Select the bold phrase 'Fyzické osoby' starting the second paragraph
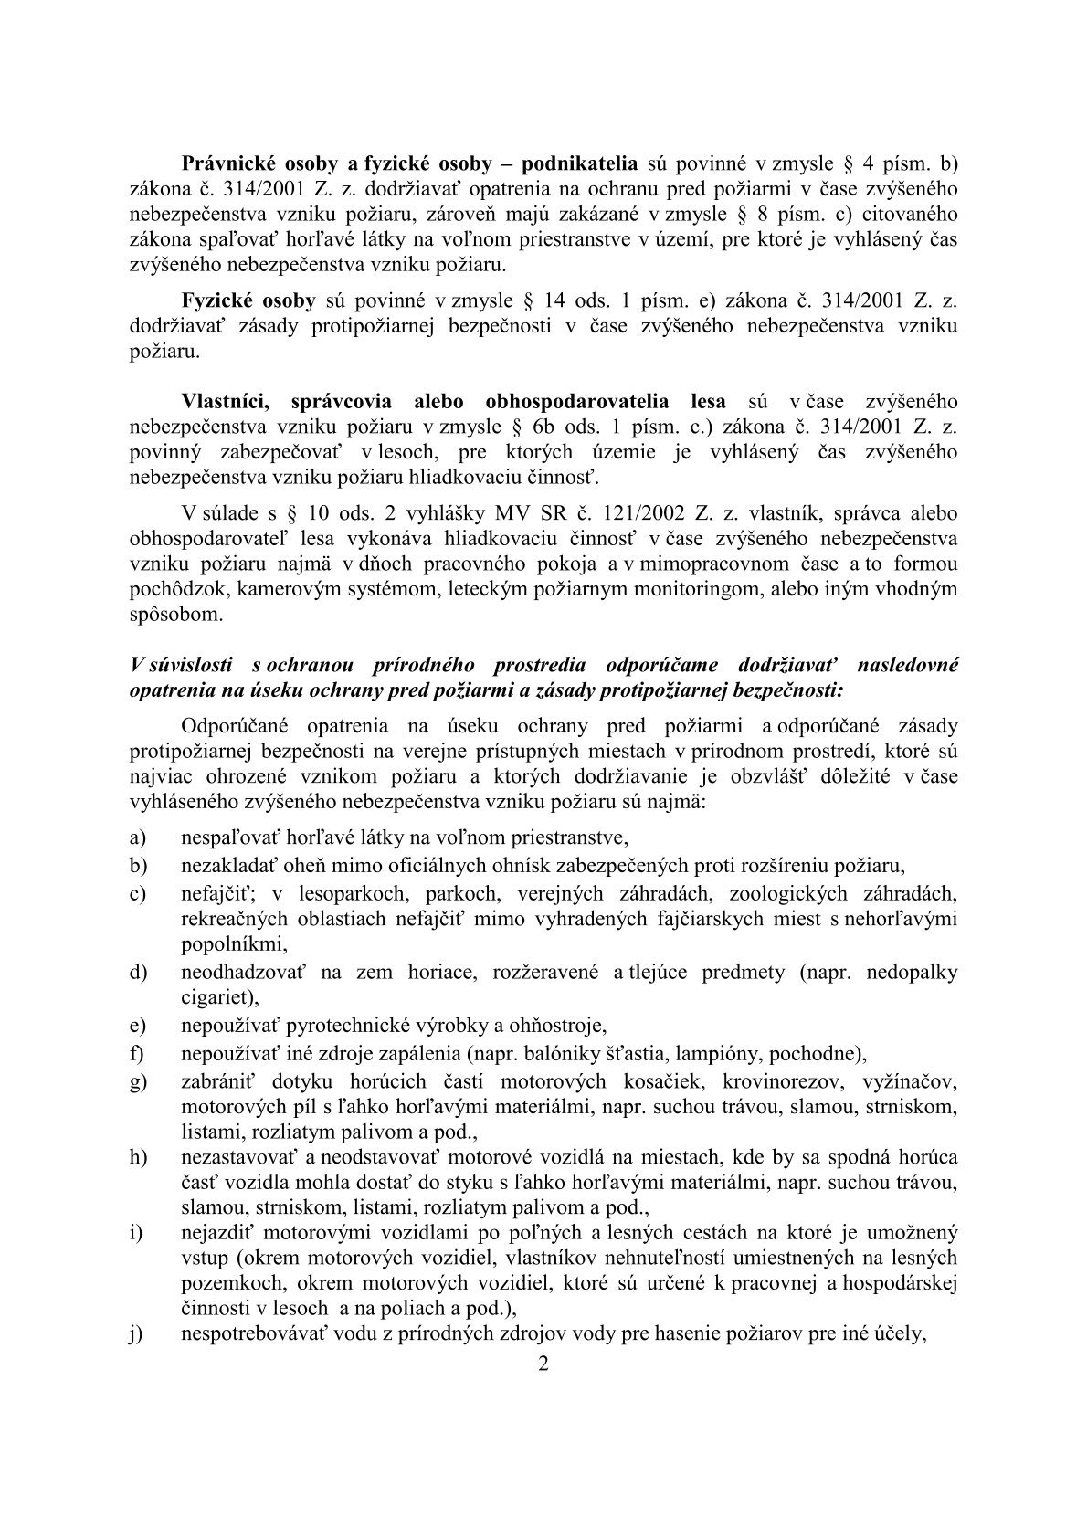[248, 300]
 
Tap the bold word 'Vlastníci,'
[227, 401]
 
